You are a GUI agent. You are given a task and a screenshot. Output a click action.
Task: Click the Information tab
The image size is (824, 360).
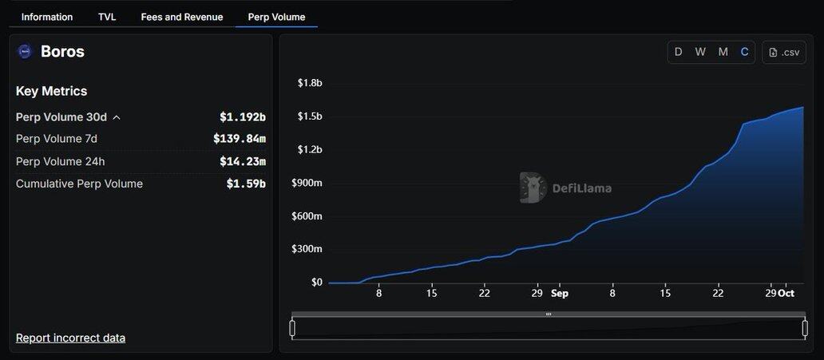click(47, 17)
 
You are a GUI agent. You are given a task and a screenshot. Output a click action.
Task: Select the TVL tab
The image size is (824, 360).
click(107, 17)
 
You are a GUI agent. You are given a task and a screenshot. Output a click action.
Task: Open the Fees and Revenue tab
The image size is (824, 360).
click(182, 17)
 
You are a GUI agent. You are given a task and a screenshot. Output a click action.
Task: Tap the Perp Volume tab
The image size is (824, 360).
click(276, 17)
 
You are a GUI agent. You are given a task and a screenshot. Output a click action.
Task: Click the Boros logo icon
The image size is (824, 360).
click(25, 52)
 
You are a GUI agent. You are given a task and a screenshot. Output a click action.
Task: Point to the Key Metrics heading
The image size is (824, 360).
click(52, 91)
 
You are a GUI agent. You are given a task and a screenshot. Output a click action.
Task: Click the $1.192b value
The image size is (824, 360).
click(243, 117)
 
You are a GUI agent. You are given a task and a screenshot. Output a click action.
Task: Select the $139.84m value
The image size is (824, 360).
click(240, 139)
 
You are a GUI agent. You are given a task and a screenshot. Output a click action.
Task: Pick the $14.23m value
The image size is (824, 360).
click(243, 161)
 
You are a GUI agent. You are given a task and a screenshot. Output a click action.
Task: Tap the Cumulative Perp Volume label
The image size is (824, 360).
click(79, 184)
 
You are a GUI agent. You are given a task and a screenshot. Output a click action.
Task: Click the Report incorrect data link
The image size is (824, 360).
click(70, 338)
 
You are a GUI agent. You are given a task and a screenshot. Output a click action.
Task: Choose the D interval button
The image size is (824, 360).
click(679, 52)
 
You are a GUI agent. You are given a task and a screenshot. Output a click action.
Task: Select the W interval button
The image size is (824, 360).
click(700, 52)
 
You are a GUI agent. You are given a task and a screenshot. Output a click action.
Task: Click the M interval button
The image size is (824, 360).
click(723, 52)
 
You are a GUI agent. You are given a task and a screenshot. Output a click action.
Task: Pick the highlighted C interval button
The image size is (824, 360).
click(744, 52)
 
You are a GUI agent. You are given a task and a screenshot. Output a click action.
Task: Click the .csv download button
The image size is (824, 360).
click(784, 52)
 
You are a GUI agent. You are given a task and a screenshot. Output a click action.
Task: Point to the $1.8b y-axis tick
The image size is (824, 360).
click(310, 83)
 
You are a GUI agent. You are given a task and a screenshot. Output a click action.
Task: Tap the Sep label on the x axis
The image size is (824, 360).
click(560, 293)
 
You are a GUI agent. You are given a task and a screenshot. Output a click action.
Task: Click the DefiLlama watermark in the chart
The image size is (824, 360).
click(566, 188)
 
